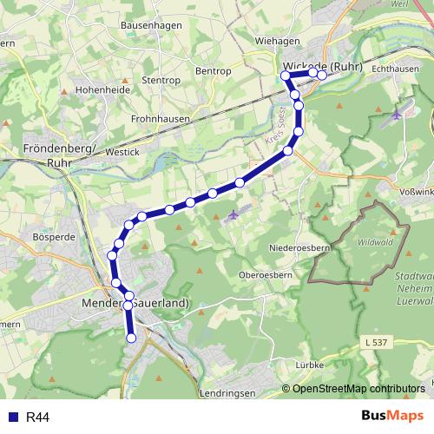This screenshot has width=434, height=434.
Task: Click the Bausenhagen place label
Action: [x=152, y=25]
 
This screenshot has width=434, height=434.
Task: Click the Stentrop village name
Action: [x=159, y=79]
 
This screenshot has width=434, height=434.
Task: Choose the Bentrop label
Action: [x=213, y=70]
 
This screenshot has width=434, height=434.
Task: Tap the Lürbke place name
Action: [x=309, y=365]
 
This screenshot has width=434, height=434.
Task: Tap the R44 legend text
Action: [x=38, y=418]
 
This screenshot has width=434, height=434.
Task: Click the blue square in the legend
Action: [x=11, y=418]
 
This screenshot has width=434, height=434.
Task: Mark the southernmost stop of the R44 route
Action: [x=132, y=339]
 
